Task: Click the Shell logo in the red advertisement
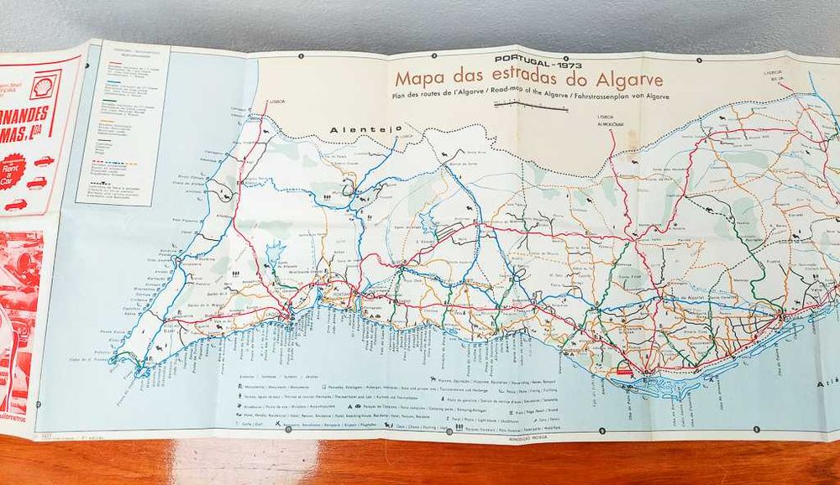[44, 85]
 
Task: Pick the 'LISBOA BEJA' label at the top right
[773, 76]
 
